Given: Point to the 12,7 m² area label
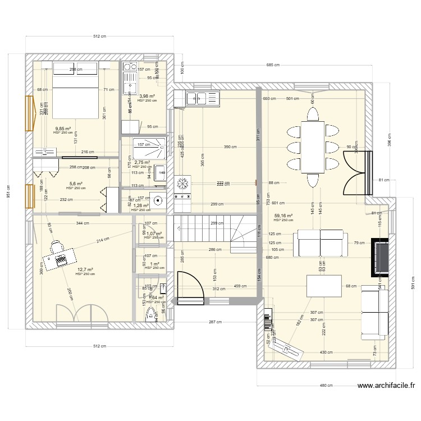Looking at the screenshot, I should coord(85,269).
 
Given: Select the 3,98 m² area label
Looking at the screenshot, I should coord(148,96).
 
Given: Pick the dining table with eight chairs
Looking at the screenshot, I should coord(312,147).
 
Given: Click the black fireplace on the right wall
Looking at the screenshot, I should coord(381,258).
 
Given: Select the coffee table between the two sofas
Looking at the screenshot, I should coord(323,285).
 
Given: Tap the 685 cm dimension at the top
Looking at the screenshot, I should coord(273,66).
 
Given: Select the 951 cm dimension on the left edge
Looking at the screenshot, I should coord(8,187).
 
